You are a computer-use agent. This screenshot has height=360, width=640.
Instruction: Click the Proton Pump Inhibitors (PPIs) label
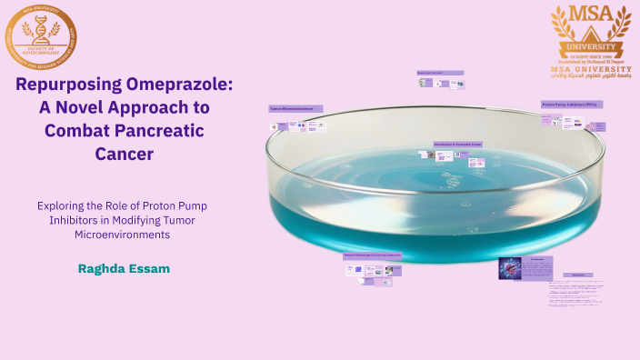click(x=572, y=105)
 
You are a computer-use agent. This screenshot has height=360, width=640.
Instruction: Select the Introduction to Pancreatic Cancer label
click(x=457, y=145)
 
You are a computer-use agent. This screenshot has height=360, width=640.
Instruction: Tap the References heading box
click(x=577, y=274)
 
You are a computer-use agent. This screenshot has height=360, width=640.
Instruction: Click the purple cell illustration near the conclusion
click(x=511, y=269)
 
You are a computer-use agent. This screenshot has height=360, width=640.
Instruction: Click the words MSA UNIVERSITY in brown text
click(x=590, y=67)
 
